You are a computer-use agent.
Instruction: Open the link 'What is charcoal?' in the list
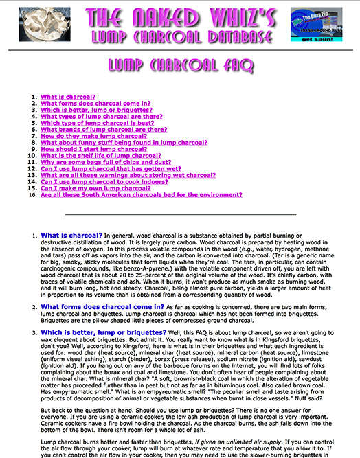tap(68, 97)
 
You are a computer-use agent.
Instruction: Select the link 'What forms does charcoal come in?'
tap(95, 104)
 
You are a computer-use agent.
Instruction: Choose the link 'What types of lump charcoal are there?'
tap(101, 117)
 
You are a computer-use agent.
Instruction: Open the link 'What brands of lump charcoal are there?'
tap(104, 129)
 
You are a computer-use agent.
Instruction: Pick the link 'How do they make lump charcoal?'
tap(93, 136)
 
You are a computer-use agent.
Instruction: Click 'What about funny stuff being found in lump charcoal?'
tap(124, 142)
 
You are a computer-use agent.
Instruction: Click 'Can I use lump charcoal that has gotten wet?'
tap(111, 168)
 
